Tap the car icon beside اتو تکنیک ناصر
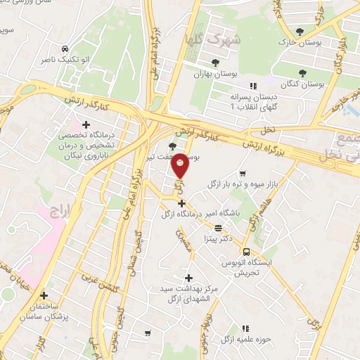coord(65,49)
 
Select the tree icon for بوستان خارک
coord(301,32)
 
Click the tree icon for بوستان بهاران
coord(215,63)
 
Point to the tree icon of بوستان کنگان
coord(302,72)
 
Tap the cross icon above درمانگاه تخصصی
coord(86,124)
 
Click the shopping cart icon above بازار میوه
coord(243,173)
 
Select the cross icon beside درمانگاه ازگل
coord(181,203)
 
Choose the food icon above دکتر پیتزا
coord(218,228)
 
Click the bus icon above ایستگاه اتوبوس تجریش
coord(246,252)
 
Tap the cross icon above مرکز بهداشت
coord(188,278)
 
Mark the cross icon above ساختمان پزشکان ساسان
coord(44,296)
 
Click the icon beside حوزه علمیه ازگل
coord(245,328)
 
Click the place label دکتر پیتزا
coord(219,239)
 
